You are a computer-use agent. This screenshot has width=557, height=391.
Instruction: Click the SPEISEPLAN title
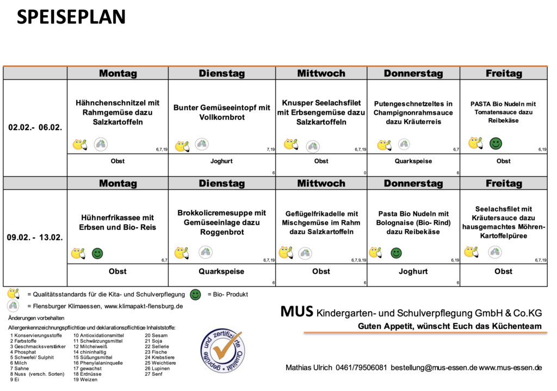click(x=71, y=17)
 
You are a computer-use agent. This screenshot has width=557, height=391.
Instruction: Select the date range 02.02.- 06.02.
click(x=35, y=128)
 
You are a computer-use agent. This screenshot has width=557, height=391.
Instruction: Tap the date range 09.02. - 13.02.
click(x=35, y=238)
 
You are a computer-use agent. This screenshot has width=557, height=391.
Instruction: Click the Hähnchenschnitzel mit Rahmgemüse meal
click(x=117, y=112)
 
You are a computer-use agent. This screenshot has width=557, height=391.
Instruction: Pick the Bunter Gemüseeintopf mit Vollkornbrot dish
click(x=222, y=112)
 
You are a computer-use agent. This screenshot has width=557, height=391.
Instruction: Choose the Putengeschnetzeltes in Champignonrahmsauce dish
click(x=413, y=113)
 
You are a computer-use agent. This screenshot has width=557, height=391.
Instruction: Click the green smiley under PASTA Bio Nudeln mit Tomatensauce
click(x=496, y=144)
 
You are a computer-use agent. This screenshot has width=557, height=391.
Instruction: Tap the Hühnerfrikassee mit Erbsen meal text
click(x=117, y=222)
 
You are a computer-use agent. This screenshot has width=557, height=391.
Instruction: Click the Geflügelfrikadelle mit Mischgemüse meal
click(x=321, y=222)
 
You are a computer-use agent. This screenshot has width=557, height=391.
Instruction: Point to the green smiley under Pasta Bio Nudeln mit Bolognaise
click(x=397, y=252)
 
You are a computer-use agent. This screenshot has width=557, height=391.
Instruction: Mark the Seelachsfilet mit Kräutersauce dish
click(x=503, y=222)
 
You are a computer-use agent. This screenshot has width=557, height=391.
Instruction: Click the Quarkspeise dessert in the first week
click(x=413, y=161)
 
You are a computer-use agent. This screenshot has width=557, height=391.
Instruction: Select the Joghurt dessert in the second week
click(x=413, y=271)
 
